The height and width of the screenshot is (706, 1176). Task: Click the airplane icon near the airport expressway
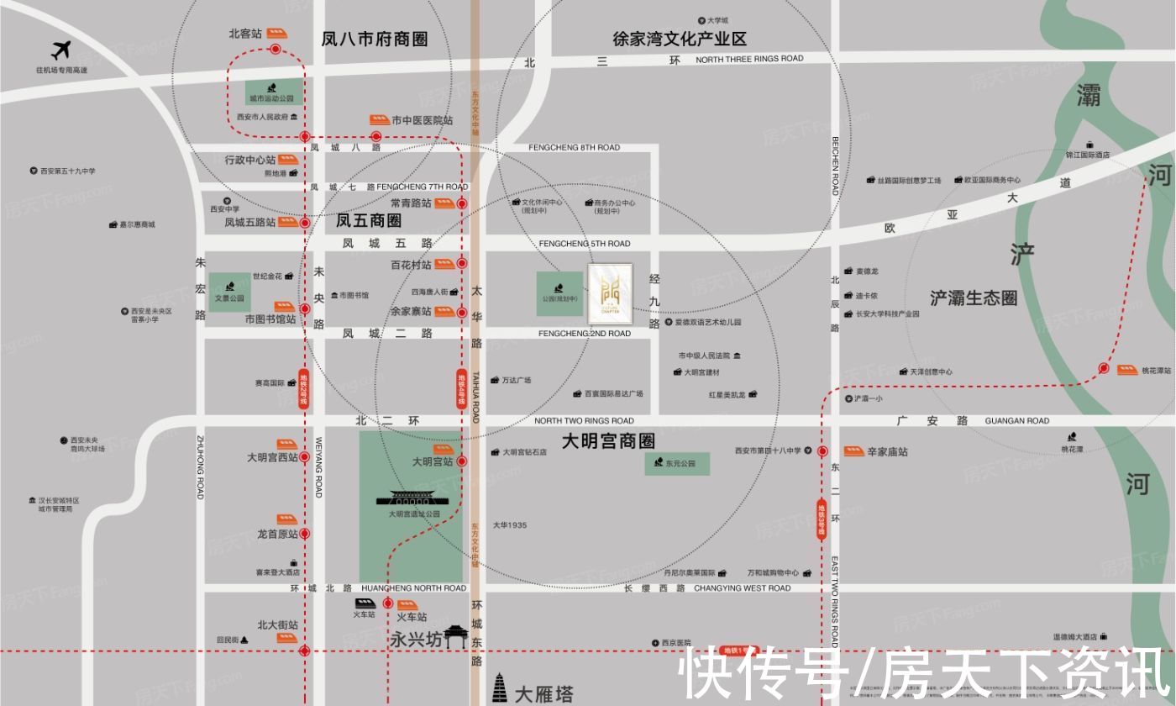click(x=60, y=50)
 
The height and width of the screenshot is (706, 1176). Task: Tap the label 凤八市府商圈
click(x=375, y=40)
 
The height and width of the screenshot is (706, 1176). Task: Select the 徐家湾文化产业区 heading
click(x=680, y=40)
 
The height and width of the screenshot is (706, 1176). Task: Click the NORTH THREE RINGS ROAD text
click(x=749, y=59)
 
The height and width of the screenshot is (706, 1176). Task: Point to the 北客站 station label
click(x=245, y=34)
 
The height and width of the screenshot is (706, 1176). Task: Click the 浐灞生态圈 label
click(x=974, y=298)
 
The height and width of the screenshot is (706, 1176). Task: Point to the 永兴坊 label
click(x=416, y=640)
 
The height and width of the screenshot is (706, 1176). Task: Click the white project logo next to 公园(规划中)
click(x=610, y=291)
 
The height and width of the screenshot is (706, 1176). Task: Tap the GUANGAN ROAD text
click(x=1016, y=421)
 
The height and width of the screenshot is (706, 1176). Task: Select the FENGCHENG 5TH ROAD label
click(x=585, y=245)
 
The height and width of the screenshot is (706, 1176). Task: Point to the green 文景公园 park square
click(x=229, y=292)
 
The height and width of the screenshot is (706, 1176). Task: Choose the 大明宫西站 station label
click(x=272, y=458)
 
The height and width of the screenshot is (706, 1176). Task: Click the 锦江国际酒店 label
click(x=1088, y=155)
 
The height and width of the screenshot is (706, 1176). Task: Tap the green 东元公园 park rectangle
click(x=677, y=463)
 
